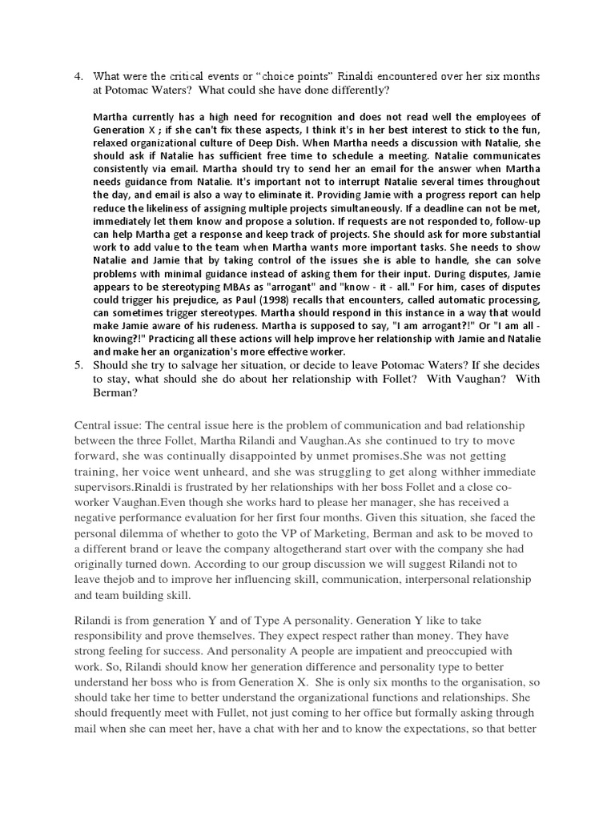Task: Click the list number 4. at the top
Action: (78, 77)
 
